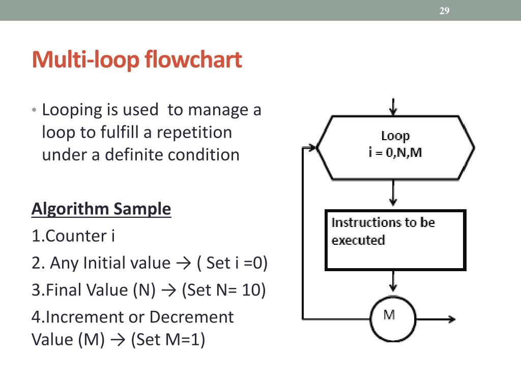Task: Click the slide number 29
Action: pyautogui.click(x=444, y=11)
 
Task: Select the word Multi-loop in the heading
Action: pyautogui.click(x=85, y=60)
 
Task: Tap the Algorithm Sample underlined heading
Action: pyautogui.click(x=101, y=209)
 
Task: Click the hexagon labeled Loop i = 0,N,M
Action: pyautogui.click(x=395, y=147)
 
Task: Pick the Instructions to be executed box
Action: pyautogui.click(x=395, y=240)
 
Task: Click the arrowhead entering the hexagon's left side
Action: pyautogui.click(x=311, y=148)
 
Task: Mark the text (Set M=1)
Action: pyautogui.click(x=167, y=339)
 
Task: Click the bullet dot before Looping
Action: pyautogui.click(x=34, y=110)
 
